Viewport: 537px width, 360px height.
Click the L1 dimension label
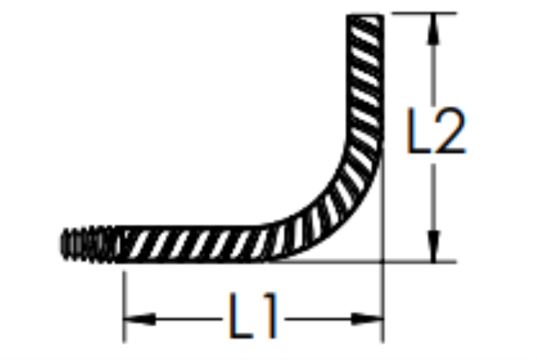(253, 316)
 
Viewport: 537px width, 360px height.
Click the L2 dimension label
(436, 130)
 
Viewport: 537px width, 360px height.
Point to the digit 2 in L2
(450, 130)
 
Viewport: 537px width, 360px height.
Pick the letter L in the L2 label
(418, 130)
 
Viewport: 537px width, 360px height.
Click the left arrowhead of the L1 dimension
(140, 319)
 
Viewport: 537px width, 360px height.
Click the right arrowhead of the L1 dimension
(367, 319)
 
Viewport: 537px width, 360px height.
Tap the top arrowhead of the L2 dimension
(433, 30)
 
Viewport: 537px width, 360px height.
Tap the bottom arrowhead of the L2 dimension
(433, 246)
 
